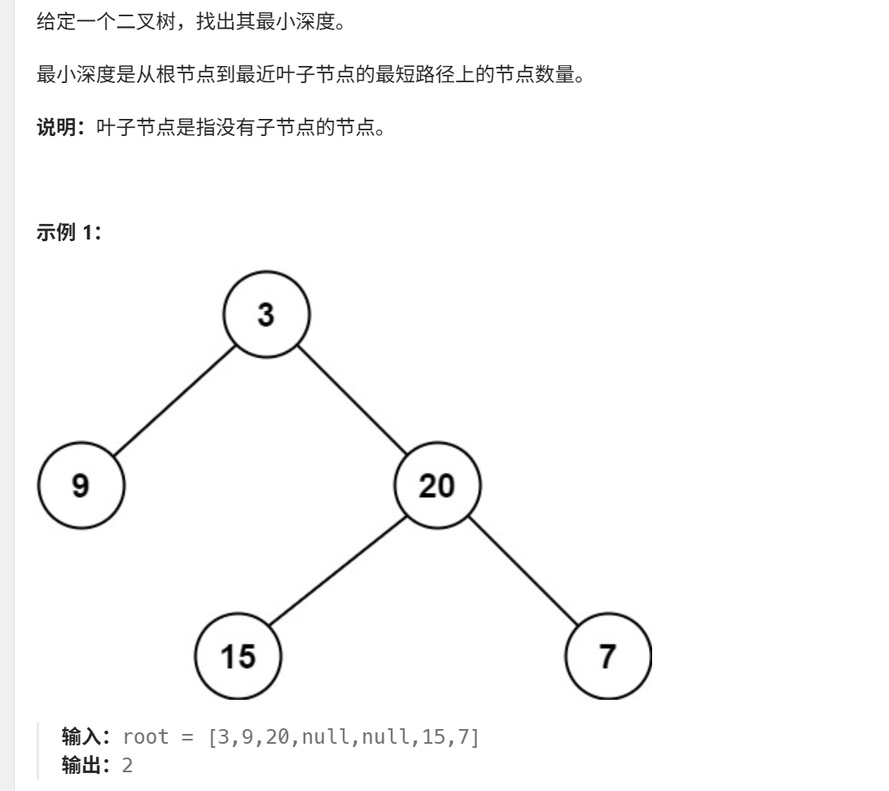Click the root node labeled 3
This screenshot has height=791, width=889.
coord(267,314)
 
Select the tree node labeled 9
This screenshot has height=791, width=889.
coord(81,486)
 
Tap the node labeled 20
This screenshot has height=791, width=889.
coord(437,486)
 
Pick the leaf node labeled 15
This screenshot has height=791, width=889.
coord(239,656)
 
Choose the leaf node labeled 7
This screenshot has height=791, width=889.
coord(608,656)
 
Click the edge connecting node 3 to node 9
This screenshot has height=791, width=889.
coord(174,400)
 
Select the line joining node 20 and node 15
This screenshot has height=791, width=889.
coord(338,571)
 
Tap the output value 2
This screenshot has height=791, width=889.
coord(127,766)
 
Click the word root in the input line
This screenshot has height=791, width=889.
coord(146,738)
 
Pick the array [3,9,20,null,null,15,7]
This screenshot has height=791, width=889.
coord(344,738)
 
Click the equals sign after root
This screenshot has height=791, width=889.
coord(188,738)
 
